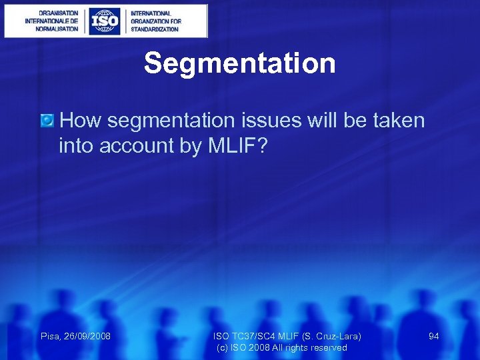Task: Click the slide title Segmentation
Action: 239,64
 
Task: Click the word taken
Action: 395,121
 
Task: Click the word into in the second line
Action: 76,146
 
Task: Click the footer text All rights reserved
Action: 313,348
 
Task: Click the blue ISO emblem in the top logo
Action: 105,21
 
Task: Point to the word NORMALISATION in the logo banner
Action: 52,29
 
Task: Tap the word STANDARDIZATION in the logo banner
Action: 155,29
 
